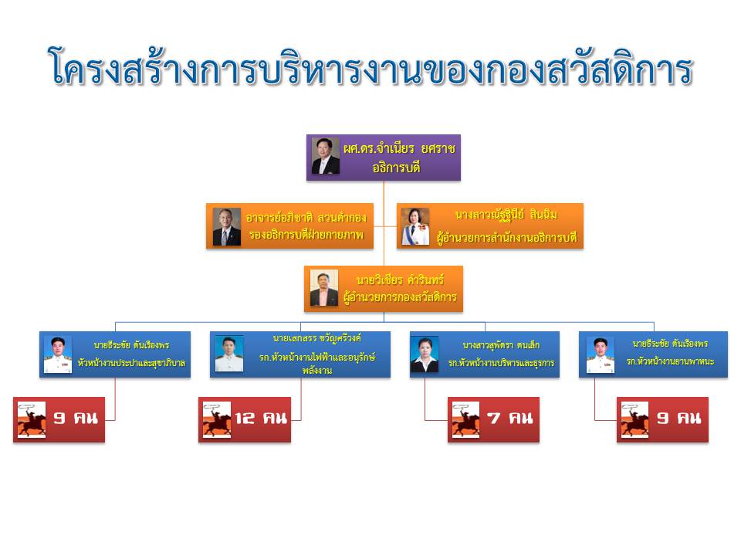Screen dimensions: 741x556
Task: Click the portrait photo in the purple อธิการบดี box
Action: point(325,156)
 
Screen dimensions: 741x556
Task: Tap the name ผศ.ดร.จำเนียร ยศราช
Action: point(399,149)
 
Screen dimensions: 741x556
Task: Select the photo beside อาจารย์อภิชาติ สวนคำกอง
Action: point(226,226)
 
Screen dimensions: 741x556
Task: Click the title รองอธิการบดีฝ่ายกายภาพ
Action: point(306,235)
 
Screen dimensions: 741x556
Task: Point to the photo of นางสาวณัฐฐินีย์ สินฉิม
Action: point(415,226)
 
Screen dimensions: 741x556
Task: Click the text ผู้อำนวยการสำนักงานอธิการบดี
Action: point(506,237)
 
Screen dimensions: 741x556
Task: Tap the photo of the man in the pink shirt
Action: point(323,288)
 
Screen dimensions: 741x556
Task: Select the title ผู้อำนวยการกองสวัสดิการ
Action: point(400,297)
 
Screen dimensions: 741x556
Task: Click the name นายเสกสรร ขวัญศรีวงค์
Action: point(317,338)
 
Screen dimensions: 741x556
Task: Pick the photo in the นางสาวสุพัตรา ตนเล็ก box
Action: point(425,354)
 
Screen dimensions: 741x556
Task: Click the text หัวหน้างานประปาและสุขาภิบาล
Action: point(131,363)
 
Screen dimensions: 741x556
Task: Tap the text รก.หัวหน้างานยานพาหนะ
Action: point(670,361)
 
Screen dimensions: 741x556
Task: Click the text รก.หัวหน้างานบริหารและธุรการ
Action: point(502,363)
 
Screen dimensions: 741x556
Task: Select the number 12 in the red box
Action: point(245,418)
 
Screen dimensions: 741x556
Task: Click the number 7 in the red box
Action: point(493,418)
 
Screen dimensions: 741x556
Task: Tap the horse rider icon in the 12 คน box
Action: point(217,420)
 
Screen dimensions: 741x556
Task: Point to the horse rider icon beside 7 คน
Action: point(465,420)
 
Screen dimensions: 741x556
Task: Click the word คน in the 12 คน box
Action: point(275,418)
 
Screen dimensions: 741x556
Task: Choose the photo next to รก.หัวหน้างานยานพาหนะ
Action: point(601,354)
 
